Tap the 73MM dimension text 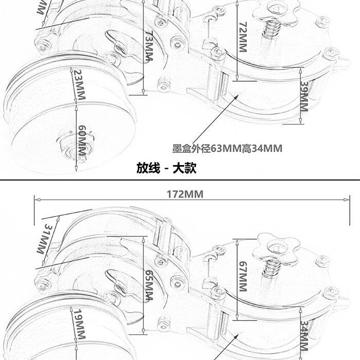tap(149, 46)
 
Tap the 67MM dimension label tap(243, 276)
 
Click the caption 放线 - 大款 tap(166, 168)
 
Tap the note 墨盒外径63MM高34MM tap(227, 149)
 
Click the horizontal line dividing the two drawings tap(180, 179)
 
